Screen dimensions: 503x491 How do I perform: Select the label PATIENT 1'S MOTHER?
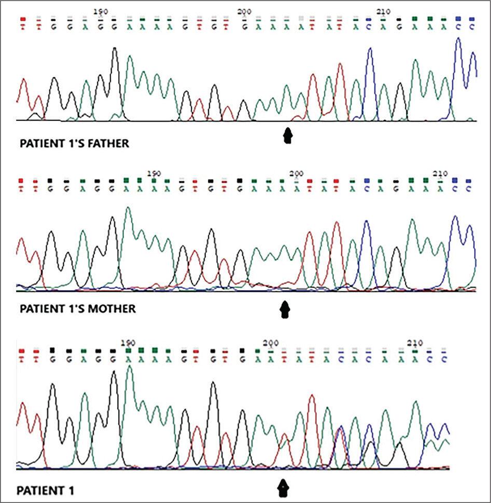(77, 309)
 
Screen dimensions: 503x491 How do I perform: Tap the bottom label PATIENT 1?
(45, 490)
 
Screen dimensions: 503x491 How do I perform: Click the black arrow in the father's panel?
(288, 136)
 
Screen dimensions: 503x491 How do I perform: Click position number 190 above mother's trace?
(154, 173)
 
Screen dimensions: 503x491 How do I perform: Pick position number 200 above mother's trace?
(296, 173)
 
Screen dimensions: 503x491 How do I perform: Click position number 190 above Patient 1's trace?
(128, 343)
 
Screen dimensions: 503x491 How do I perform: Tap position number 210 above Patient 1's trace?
(415, 343)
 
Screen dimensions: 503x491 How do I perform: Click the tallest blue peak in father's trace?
(458, 39)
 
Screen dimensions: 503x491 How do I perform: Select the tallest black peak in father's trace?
(115, 49)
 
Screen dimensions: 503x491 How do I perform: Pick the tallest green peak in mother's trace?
(128, 208)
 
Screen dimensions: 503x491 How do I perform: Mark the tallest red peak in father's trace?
(340, 65)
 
